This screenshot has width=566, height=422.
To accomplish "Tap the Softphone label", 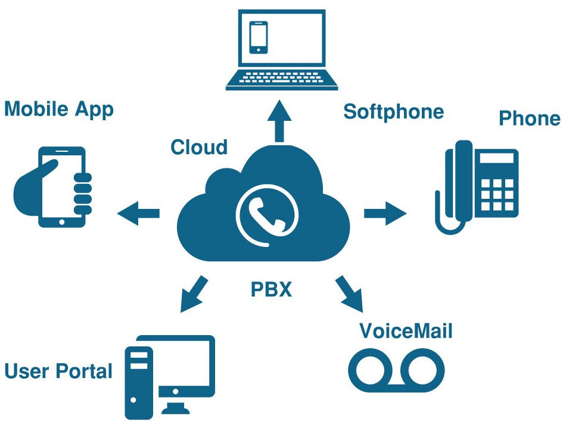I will click(393, 111).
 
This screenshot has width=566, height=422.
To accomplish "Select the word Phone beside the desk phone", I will click(529, 118).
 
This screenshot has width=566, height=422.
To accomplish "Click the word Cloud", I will click(199, 147).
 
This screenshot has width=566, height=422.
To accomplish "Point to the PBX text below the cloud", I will click(271, 290).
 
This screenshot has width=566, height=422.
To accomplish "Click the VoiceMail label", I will click(406, 330).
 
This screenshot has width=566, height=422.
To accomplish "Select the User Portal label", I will click(58, 371).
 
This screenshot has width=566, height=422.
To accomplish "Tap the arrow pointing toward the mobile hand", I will click(138, 212).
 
